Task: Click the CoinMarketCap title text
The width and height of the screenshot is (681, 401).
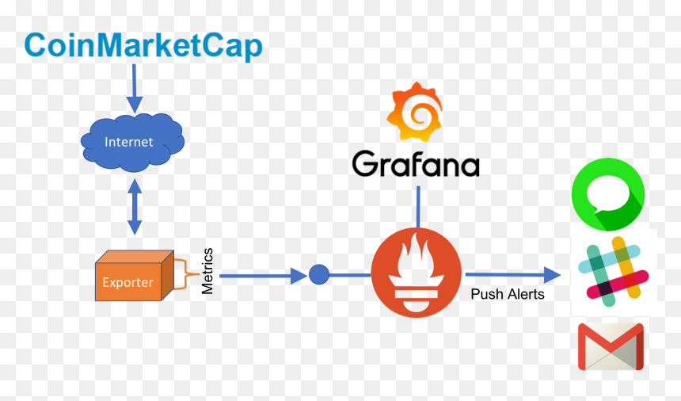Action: [143, 46]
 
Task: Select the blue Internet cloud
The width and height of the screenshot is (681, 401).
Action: [132, 143]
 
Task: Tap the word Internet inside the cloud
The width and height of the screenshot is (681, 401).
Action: [128, 142]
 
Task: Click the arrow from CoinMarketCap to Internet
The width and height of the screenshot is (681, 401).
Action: [134, 89]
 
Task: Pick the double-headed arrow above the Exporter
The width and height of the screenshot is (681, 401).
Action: [135, 207]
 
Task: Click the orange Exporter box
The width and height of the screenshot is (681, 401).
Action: [135, 276]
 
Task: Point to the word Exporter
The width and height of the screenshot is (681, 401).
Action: [127, 282]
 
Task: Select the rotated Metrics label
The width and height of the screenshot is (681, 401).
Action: [207, 271]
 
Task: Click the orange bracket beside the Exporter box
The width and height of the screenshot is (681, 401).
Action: [186, 274]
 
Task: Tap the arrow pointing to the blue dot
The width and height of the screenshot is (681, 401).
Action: [263, 276]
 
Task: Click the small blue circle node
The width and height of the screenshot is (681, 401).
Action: [319, 274]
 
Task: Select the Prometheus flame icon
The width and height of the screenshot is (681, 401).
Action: [416, 273]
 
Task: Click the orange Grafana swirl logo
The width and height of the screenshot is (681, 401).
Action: [415, 112]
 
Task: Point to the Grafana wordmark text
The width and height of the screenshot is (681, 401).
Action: [416, 163]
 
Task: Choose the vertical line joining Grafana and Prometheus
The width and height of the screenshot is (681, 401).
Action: [418, 207]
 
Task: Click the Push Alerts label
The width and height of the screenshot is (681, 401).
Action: [508, 294]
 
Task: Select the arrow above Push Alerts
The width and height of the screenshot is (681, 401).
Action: [513, 274]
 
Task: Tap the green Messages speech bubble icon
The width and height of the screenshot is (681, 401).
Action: [607, 194]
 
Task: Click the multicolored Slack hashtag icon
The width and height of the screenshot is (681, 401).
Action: [613, 272]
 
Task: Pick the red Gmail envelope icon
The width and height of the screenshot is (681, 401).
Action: [611, 346]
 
